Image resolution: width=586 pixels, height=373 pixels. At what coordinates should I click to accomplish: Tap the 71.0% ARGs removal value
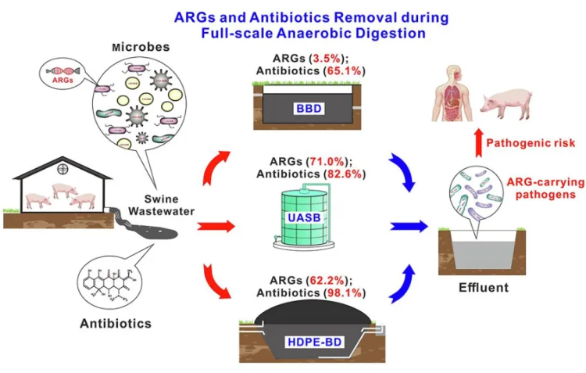[332, 161]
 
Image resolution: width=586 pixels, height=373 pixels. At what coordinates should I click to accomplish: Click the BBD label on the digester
[307, 108]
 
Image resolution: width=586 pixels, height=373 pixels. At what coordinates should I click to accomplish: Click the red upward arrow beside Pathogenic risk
[472, 144]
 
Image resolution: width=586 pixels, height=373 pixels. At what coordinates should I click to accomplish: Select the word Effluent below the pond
[483, 287]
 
